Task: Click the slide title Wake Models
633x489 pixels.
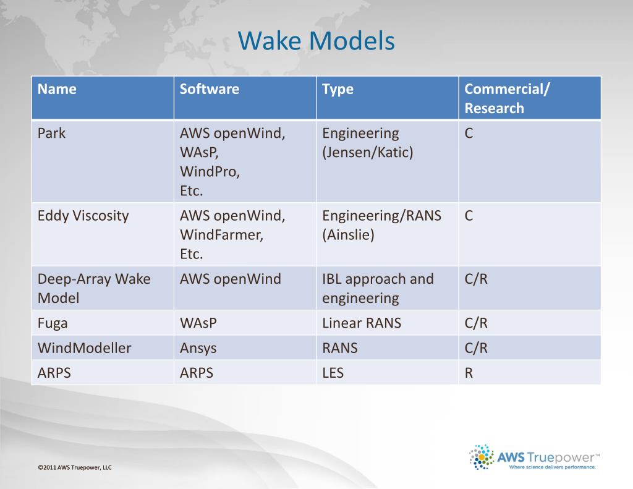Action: (x=316, y=41)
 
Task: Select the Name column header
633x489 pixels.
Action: (x=57, y=89)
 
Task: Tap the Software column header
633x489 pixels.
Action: (x=209, y=89)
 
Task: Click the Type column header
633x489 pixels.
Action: (x=338, y=89)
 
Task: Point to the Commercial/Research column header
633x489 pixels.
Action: (x=506, y=98)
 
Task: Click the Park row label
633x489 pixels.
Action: (x=51, y=134)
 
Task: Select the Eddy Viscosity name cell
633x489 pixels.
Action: (x=83, y=216)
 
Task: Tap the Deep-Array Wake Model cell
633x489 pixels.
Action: (x=93, y=288)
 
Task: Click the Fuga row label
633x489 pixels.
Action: (x=53, y=323)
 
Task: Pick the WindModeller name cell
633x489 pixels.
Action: (x=84, y=348)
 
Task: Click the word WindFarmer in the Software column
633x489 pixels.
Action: (x=221, y=235)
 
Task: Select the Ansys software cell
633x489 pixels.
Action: (x=198, y=348)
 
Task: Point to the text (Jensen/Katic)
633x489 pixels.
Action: (x=367, y=153)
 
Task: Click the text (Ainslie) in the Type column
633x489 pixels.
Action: (x=348, y=235)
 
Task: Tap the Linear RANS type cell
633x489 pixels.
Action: (x=361, y=323)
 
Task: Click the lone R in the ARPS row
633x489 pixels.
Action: (x=469, y=373)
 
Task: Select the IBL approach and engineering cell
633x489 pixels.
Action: (x=378, y=288)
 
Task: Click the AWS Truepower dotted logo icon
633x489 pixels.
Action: (x=482, y=457)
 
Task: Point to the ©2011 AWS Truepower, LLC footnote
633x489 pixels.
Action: (x=74, y=468)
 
